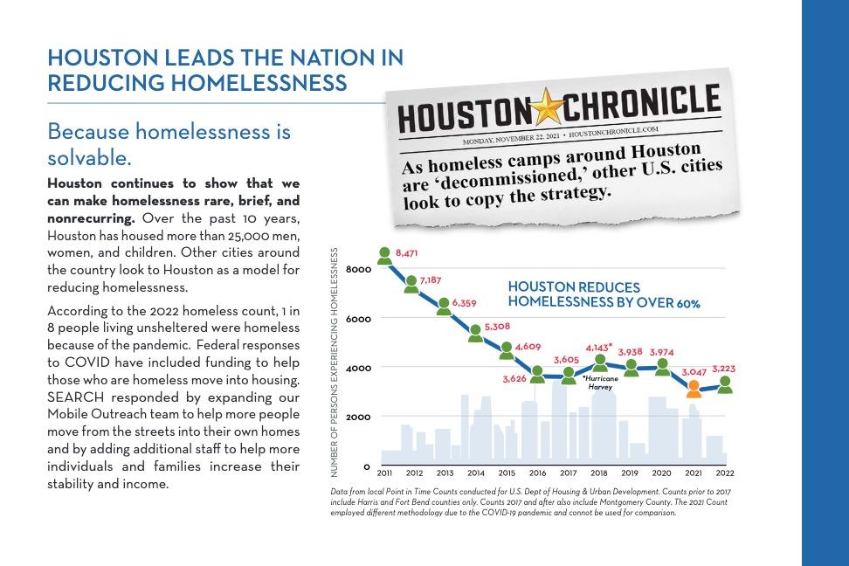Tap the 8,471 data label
[x=407, y=253]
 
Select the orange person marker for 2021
[x=694, y=388]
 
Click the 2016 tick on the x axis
[x=538, y=473]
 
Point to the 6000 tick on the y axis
[x=360, y=319]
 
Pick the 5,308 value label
[x=497, y=327]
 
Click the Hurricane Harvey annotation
[x=600, y=383]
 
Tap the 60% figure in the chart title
[x=687, y=304]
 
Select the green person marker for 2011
[x=385, y=255]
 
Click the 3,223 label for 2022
[x=723, y=369]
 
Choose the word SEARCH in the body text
[x=75, y=397]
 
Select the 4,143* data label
[x=598, y=348]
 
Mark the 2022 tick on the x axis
[x=725, y=473]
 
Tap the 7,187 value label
[x=431, y=280]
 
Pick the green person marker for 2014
[x=476, y=333]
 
